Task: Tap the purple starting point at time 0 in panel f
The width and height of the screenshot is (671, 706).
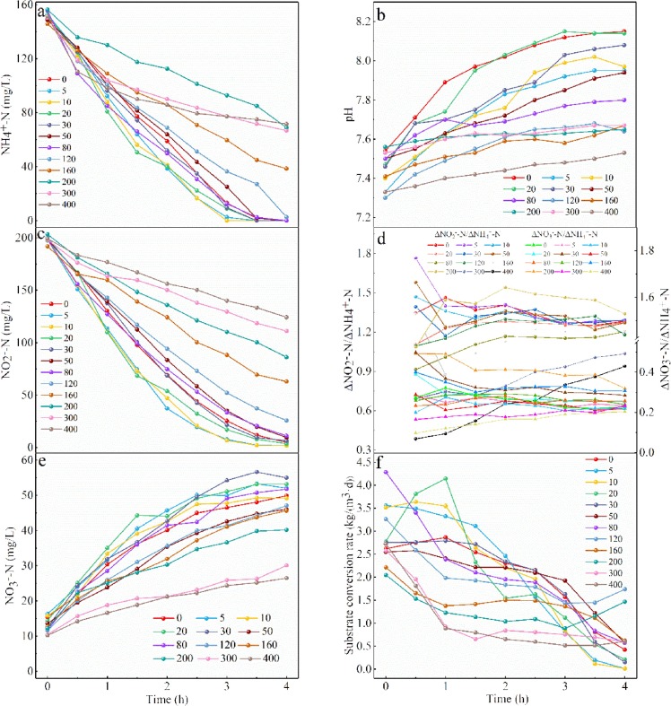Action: click(x=386, y=472)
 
